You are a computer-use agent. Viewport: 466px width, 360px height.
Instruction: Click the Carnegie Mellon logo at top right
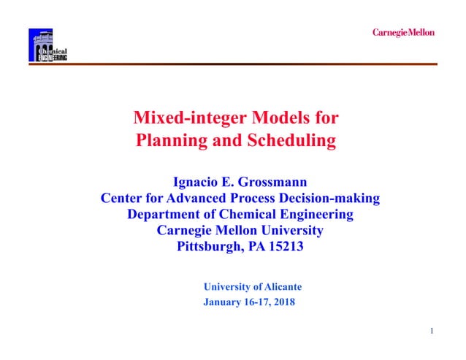(x=403, y=32)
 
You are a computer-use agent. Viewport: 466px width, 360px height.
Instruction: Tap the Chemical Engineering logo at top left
(x=47, y=45)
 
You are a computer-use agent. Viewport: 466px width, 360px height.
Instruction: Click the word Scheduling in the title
(x=292, y=140)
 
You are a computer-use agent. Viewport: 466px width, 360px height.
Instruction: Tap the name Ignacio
(x=198, y=182)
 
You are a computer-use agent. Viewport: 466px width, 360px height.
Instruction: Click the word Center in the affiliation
(x=124, y=198)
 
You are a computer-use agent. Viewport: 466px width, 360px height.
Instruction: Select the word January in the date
(x=221, y=302)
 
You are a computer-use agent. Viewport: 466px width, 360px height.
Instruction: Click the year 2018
(x=283, y=302)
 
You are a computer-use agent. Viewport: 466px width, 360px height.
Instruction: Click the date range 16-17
(x=255, y=302)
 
